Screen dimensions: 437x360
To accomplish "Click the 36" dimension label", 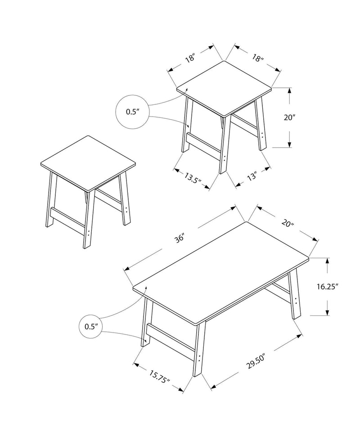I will (x=181, y=238).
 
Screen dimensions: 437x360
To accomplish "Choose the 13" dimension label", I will (x=251, y=176).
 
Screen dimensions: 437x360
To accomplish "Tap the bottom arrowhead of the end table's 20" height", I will (x=290, y=144).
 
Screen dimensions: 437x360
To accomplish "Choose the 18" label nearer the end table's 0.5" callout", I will (x=190, y=58).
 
